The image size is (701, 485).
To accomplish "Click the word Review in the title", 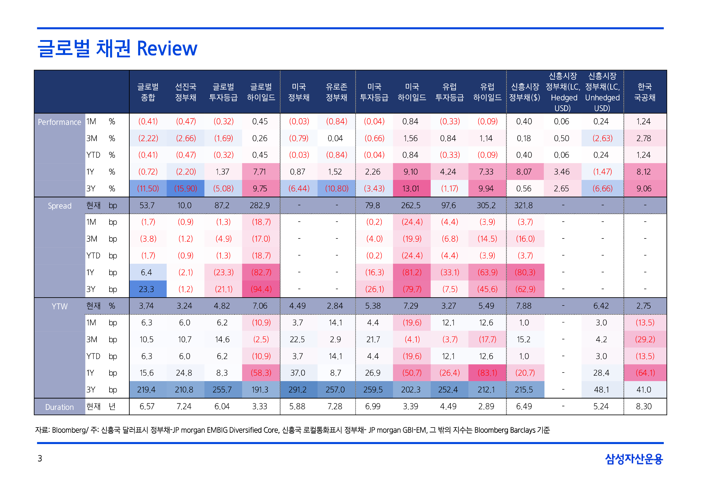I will tap(167, 49).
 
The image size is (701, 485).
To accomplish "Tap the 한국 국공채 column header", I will tap(644, 92).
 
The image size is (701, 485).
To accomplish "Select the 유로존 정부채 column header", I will tap(336, 92).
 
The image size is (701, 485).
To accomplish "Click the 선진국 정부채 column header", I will tap(185, 92).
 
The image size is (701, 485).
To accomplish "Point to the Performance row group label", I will tap(59, 122).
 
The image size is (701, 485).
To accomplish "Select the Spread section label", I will tap(59, 206).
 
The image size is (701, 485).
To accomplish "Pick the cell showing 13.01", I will tap(411, 188).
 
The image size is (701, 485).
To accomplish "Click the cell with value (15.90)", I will tap(185, 188).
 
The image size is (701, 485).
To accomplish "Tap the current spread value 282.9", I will tap(260, 205).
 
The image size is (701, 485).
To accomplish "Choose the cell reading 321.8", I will tap(523, 205).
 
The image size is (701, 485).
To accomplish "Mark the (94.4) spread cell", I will tap(261, 289).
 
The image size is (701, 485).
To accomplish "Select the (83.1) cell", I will tap(487, 373).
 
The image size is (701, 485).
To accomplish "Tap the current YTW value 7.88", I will tap(523, 306).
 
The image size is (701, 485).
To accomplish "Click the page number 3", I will tap(40, 458).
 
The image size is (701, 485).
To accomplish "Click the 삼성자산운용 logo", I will tap(634, 458).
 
